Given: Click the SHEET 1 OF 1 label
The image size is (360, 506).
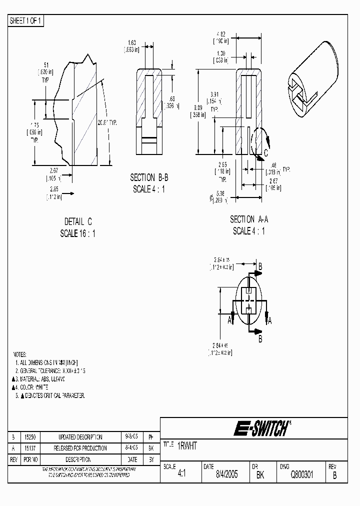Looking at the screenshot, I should [x=26, y=20].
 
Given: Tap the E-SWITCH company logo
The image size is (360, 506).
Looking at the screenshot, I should [x=261, y=428].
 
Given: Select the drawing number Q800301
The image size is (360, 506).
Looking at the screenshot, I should [x=302, y=475].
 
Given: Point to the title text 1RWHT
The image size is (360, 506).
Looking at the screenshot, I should [x=187, y=446].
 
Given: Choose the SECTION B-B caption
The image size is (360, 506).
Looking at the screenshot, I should [x=148, y=177].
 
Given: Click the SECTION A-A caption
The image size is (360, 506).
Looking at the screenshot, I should [x=248, y=219].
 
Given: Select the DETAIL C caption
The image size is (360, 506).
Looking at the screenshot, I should [x=78, y=221].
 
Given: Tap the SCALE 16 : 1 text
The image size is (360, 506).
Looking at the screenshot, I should [x=78, y=233].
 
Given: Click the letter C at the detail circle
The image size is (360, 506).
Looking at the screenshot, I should [x=265, y=153].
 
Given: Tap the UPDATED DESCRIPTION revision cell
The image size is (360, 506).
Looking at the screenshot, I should [x=80, y=437].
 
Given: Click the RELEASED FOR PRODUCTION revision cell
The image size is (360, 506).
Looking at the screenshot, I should [x=80, y=448].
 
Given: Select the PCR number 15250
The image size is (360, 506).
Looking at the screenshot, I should [x=30, y=437].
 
